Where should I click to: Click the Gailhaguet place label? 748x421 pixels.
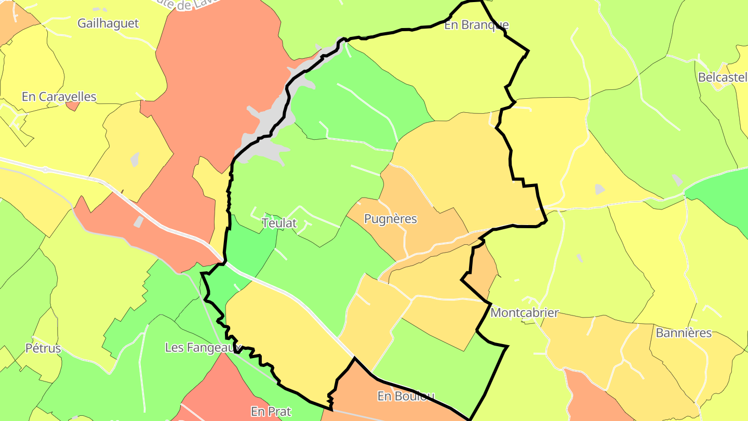108,23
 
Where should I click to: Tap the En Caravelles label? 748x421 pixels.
59,97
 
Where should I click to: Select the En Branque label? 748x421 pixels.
476,25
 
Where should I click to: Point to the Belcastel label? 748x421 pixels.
723,77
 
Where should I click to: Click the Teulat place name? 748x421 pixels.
279,223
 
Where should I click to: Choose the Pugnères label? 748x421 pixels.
391,219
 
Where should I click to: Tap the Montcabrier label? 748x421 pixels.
525,313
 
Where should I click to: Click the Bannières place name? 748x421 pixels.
684,333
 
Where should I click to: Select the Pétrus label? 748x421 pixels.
43,348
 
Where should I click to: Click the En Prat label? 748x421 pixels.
271,412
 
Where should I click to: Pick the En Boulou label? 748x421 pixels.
406,396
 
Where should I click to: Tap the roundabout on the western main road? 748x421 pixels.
45,169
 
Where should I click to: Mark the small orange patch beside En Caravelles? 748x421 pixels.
73,106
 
